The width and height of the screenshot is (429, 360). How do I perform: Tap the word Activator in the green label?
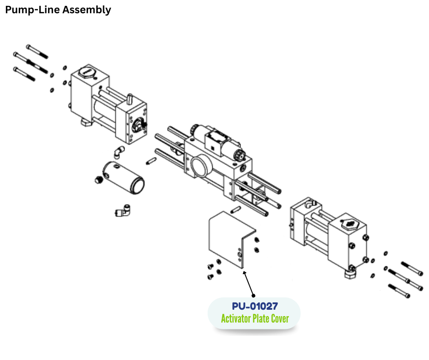[x=236, y=318]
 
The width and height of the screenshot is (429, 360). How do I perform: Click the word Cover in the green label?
[x=279, y=318]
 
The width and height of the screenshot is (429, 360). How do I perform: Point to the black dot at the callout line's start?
[x=254, y=296]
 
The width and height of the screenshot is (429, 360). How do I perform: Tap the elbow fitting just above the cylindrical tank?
[x=119, y=151]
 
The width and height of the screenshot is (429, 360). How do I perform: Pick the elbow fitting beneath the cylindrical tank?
[x=122, y=211]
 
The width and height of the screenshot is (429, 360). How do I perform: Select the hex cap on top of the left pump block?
[x=85, y=73]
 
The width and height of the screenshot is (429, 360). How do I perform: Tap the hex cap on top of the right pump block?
[x=350, y=223]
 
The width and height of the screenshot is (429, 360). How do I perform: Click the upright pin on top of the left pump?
[x=130, y=98]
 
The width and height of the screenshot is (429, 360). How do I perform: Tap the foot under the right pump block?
[x=351, y=273]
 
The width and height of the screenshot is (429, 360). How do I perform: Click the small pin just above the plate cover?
[x=236, y=210]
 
